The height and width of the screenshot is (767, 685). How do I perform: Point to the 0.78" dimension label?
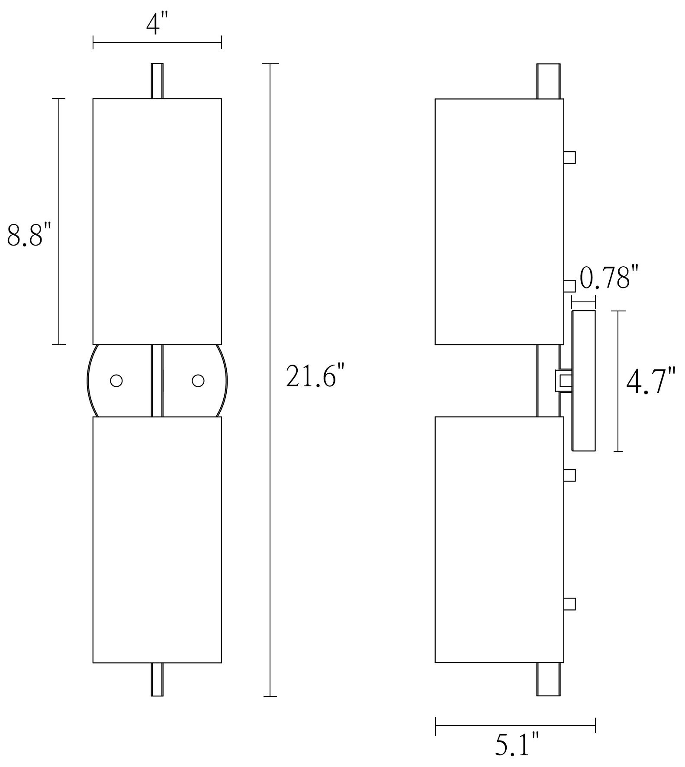(x=609, y=279)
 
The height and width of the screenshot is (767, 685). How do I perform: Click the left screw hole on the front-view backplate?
(x=116, y=381)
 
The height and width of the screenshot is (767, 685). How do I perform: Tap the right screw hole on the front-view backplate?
(x=198, y=381)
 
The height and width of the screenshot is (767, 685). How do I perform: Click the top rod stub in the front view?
(x=157, y=81)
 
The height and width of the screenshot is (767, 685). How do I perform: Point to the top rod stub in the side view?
(x=548, y=81)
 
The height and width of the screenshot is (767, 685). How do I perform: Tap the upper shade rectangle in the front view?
(x=157, y=221)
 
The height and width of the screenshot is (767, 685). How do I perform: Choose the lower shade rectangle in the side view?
(x=499, y=539)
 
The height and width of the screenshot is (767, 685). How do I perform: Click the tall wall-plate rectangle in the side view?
(x=584, y=381)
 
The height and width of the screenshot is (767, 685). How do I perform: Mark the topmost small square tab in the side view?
(x=569, y=157)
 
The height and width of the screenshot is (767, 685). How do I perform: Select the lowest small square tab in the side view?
(x=569, y=603)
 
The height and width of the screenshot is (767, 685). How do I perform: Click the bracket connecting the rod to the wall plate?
(x=563, y=381)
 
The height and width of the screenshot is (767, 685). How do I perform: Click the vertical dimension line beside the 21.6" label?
(x=270, y=381)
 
